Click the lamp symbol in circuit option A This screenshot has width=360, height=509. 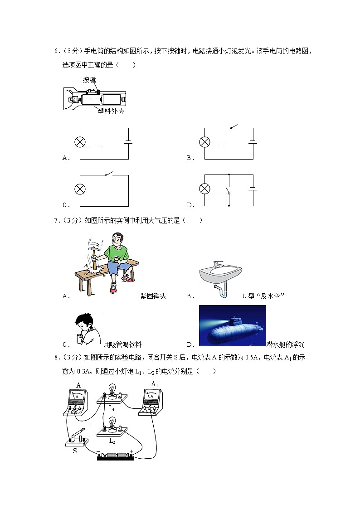pos(80,142)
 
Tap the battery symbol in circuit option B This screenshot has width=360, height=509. pos(253,142)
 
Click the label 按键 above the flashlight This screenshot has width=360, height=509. pos(89,80)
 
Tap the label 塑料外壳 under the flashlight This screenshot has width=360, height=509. pos(111,111)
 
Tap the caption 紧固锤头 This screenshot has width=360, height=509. pos(153,296)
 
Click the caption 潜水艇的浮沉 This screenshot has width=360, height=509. pos(285,344)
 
